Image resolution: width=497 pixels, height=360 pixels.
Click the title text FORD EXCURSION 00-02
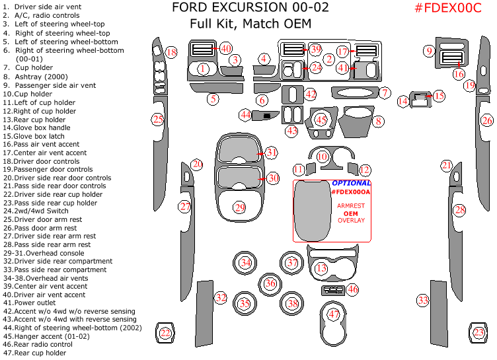pos(241,8)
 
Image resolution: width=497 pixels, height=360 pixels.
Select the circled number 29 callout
pos(239,207)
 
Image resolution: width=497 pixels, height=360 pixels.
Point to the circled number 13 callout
pos(321,268)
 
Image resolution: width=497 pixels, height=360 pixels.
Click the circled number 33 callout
pos(423,301)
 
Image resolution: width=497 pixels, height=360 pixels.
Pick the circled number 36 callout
pos(270,283)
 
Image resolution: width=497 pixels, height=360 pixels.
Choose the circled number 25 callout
pos(158,120)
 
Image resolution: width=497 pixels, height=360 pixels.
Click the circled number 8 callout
pos(378,122)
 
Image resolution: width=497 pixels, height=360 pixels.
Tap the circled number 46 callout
pos(352,289)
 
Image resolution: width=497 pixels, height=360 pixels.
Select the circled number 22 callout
pos(165,334)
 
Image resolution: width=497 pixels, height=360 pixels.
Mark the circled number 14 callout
pos(403,101)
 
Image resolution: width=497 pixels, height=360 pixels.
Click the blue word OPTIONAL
pos(351,183)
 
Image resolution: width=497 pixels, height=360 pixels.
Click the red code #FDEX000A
pos(351,192)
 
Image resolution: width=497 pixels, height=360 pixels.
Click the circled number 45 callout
pos(321,120)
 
